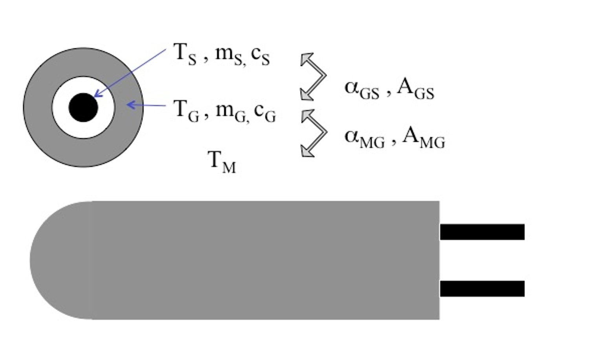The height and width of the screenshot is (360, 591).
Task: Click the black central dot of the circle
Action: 83,108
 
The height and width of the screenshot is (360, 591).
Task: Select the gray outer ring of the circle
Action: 37,108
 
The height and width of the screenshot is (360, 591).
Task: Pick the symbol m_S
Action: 229,55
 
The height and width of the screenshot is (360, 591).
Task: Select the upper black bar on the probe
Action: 482,232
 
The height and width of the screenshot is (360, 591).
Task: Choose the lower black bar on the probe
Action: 482,288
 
